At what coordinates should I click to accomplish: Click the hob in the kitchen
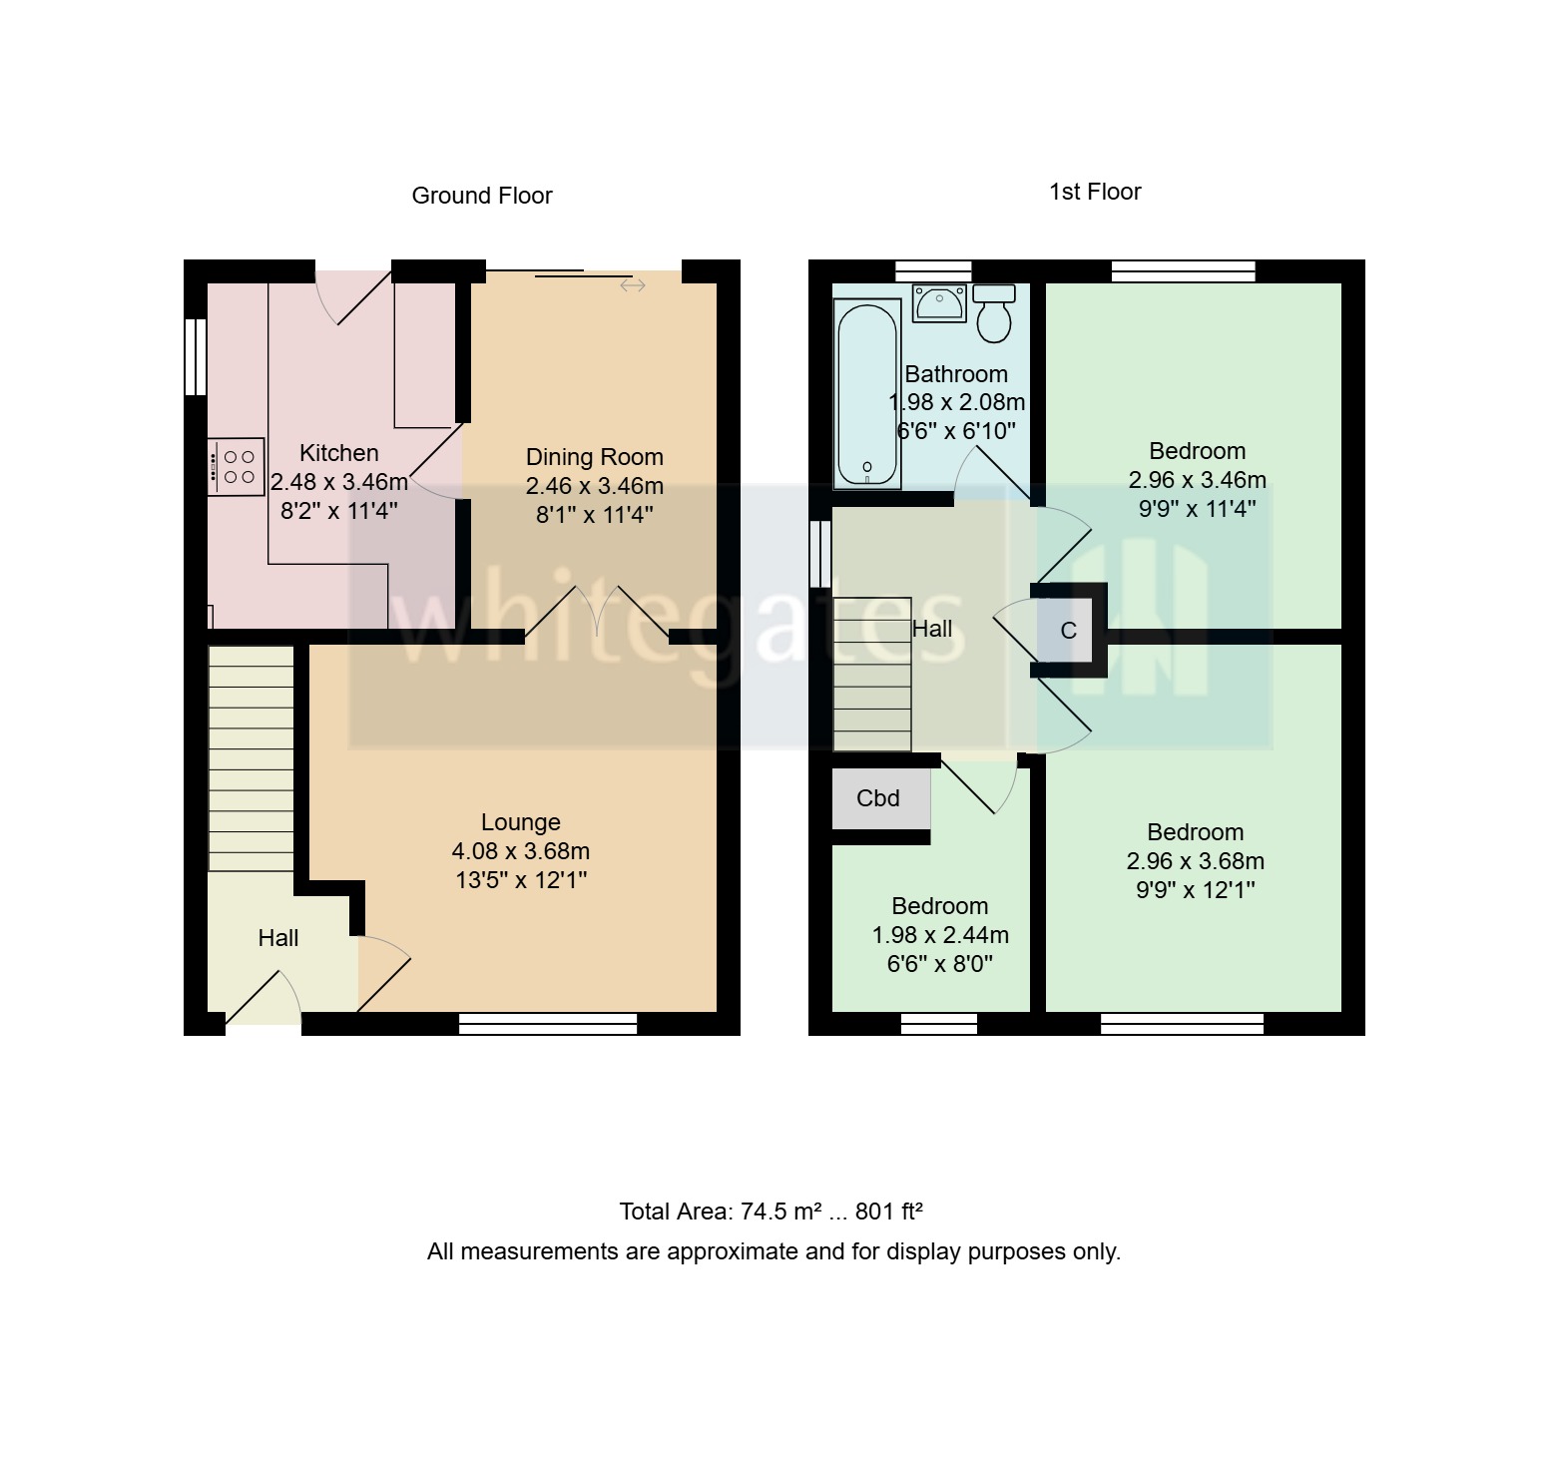tap(237, 466)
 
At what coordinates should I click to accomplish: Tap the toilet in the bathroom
tap(994, 312)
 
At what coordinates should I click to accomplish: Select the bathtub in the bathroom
tap(867, 394)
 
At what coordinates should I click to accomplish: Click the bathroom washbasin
tap(939, 302)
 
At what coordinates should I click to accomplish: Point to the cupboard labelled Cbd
tap(879, 798)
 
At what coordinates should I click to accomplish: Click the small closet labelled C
tap(1068, 631)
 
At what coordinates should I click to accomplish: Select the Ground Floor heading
tap(482, 196)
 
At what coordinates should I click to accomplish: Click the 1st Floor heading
tap(1095, 192)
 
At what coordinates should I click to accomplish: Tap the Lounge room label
tap(520, 822)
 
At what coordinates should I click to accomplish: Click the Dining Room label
tap(595, 457)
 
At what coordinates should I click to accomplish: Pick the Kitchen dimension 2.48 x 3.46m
tap(339, 482)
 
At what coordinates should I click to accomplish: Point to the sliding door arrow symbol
tap(633, 286)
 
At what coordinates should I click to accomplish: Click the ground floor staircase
tap(251, 758)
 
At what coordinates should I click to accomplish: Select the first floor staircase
tap(871, 674)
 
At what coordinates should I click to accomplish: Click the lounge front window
tap(548, 1023)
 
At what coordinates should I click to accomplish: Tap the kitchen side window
tap(195, 356)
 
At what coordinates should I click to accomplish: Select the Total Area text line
tap(771, 1212)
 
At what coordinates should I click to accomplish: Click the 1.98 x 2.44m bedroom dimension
tap(940, 935)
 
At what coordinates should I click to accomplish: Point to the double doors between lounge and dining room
tap(597, 612)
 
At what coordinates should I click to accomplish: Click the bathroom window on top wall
tap(933, 270)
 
